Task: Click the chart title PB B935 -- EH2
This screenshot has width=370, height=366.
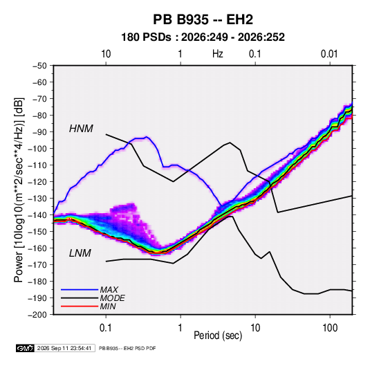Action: [203, 19]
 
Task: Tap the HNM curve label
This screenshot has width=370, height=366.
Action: [81, 129]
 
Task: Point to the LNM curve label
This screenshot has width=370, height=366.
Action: [80, 253]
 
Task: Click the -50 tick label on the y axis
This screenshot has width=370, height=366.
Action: [39, 66]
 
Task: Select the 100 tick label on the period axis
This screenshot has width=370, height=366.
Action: [330, 328]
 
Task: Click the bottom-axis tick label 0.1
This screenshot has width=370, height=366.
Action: [106, 328]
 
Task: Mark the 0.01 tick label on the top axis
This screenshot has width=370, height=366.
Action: [329, 54]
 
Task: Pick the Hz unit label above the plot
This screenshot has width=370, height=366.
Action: [218, 54]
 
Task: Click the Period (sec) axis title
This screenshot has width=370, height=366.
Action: [218, 336]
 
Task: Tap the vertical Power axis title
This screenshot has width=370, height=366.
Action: [19, 190]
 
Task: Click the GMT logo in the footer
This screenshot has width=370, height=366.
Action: [25, 348]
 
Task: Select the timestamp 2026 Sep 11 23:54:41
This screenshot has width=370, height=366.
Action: [64, 348]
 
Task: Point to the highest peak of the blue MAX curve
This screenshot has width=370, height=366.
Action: [147, 137]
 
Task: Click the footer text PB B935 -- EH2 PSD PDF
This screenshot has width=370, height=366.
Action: [127, 348]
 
